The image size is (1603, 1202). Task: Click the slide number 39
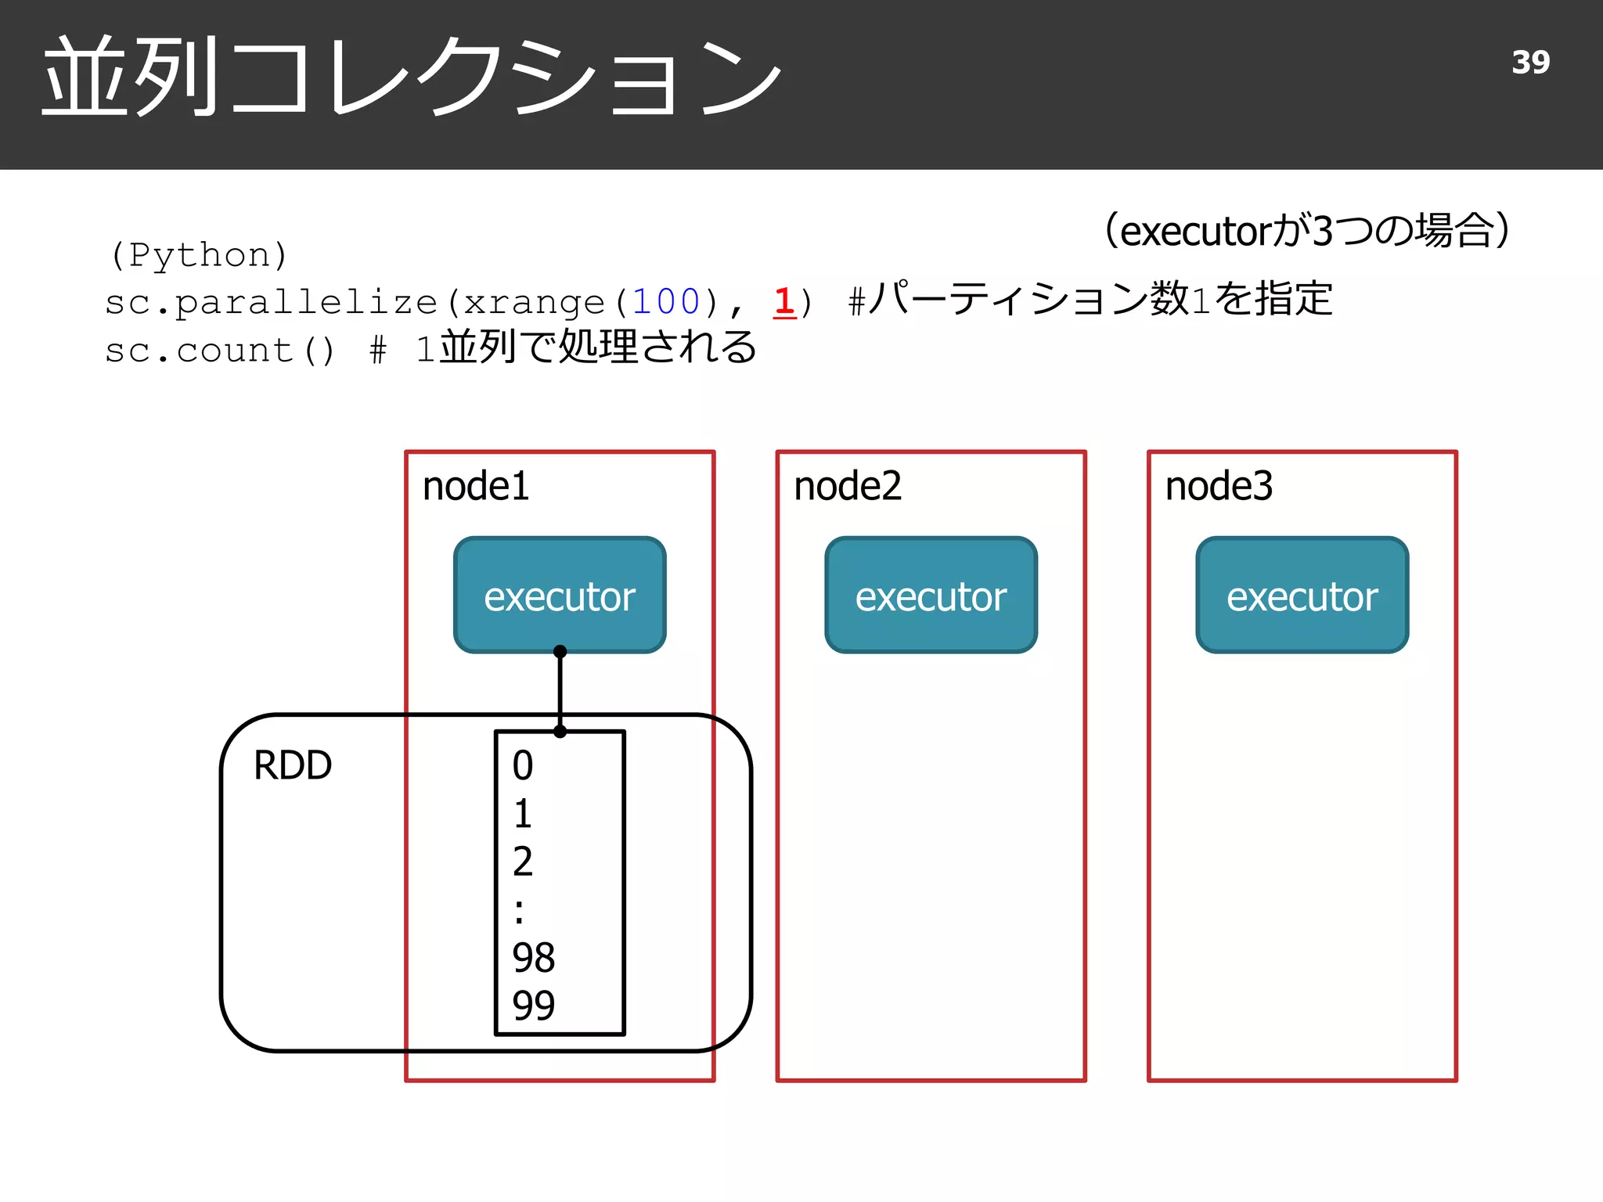[1530, 63]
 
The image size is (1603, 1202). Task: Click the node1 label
[475, 486]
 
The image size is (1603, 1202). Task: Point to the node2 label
[847, 486]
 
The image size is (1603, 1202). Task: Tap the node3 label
[1218, 486]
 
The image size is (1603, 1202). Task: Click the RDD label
[293, 765]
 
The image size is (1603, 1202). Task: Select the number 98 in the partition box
[533, 957]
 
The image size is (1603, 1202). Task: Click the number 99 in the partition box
[533, 1006]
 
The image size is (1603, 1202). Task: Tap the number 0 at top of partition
[522, 765]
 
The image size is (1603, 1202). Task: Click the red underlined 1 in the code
[784, 301]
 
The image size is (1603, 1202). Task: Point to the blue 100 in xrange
[665, 302]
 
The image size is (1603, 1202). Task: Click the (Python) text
[199, 255]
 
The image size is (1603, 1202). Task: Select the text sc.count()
[220, 351]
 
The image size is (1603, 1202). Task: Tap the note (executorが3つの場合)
[1306, 230]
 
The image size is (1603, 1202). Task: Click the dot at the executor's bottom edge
[560, 651]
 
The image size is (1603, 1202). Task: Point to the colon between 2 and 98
[519, 911]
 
